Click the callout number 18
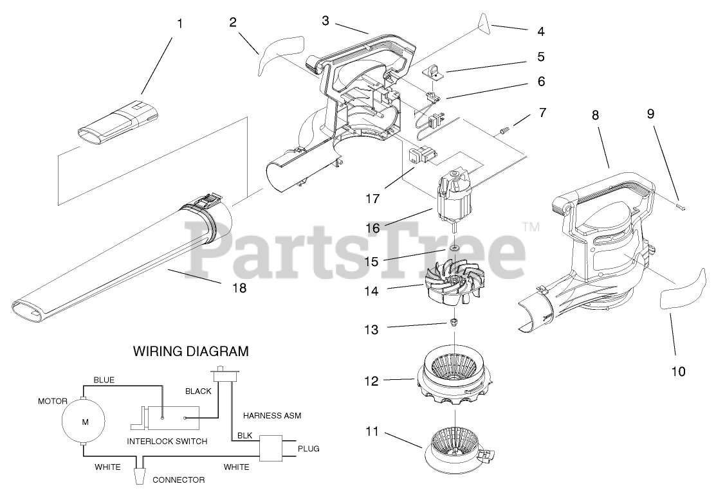[239, 288]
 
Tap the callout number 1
[179, 24]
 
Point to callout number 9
[650, 114]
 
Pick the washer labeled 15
[455, 247]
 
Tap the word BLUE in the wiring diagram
[104, 380]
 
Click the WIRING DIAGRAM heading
[190, 352]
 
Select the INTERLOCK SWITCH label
[167, 441]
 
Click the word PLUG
[308, 449]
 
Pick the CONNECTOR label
[178, 480]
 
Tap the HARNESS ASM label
[271, 415]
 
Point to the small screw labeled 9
[681, 206]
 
